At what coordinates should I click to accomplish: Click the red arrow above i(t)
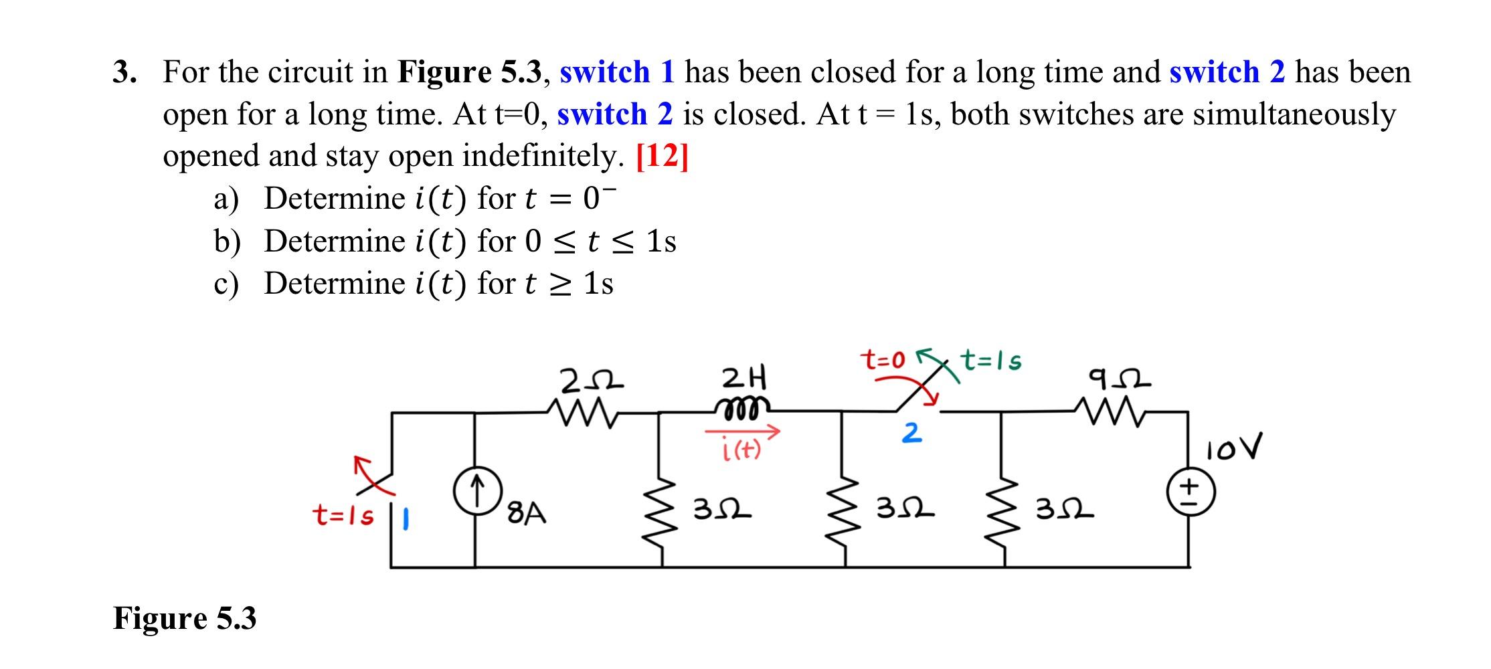pyautogui.click(x=743, y=433)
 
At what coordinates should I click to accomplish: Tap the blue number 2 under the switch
pyautogui.click(x=911, y=433)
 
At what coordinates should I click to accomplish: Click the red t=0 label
pyautogui.click(x=883, y=361)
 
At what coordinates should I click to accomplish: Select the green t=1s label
pyautogui.click(x=991, y=361)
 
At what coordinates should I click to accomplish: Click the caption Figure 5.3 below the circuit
pyautogui.click(x=185, y=618)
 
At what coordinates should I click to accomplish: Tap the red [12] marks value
pyautogui.click(x=662, y=157)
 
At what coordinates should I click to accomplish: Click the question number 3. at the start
pyautogui.click(x=125, y=72)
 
